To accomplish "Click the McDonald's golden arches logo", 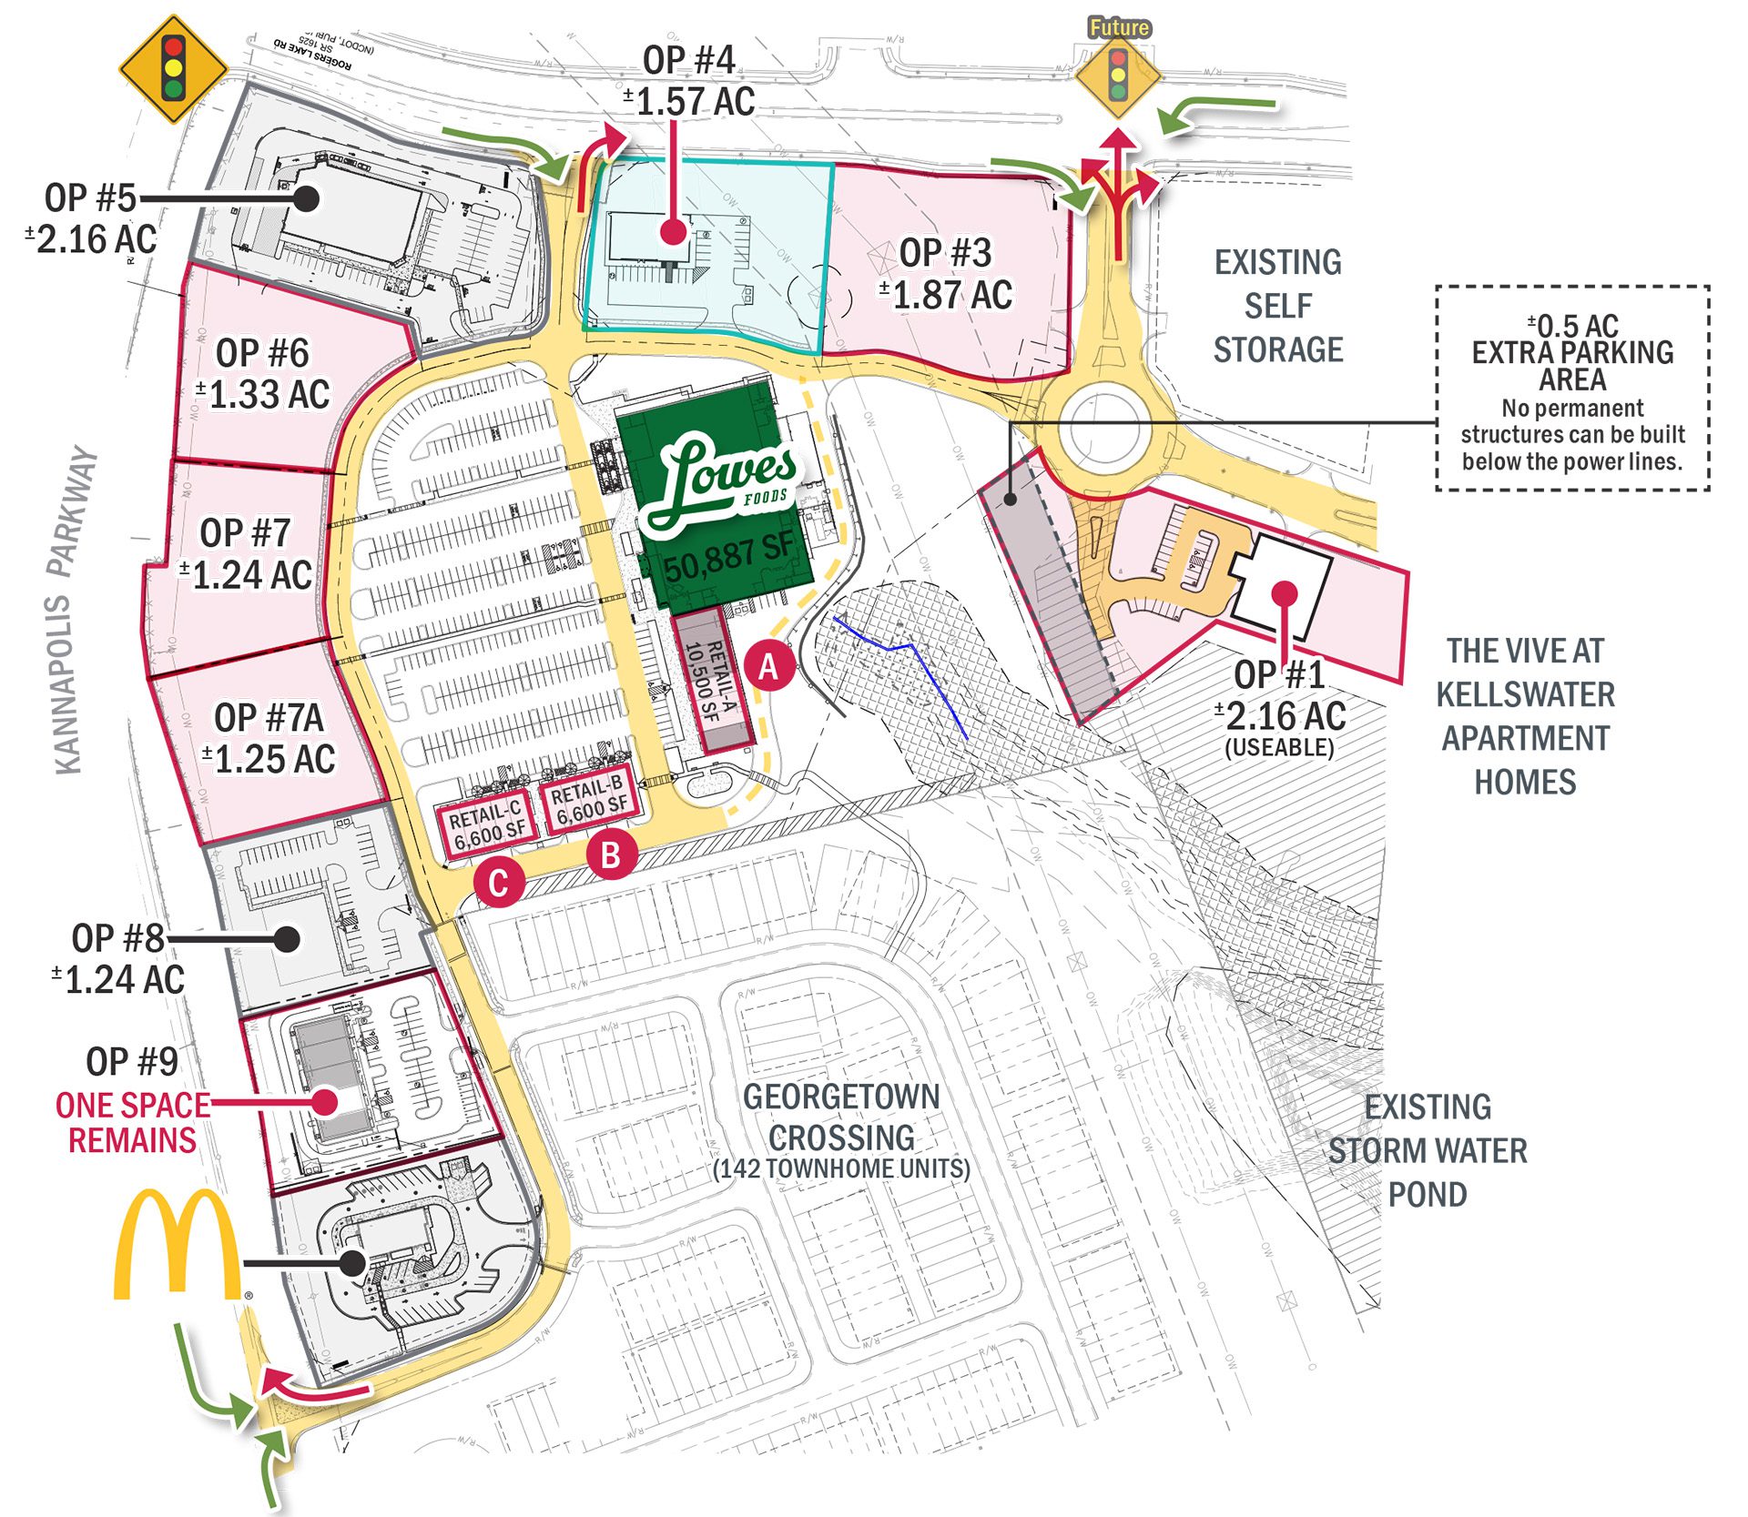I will point(178,1244).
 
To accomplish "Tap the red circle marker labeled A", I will point(770,667).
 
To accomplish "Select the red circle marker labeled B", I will point(611,855).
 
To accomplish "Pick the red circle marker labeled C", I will point(498,883).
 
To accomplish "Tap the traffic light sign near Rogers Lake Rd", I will point(173,69).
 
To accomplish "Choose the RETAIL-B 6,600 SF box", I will point(589,798).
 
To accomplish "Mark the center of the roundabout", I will point(1104,428).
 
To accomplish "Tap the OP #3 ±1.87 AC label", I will point(945,274).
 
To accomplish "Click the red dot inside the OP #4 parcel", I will point(672,232).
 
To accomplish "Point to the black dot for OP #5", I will point(307,197).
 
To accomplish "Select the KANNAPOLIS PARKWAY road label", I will point(72,610).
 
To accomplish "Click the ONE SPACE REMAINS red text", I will point(132,1122).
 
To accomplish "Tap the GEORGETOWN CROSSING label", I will point(841,1117).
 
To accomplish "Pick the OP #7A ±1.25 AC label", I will point(269,738).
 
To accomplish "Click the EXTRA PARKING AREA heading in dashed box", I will point(1572,365).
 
